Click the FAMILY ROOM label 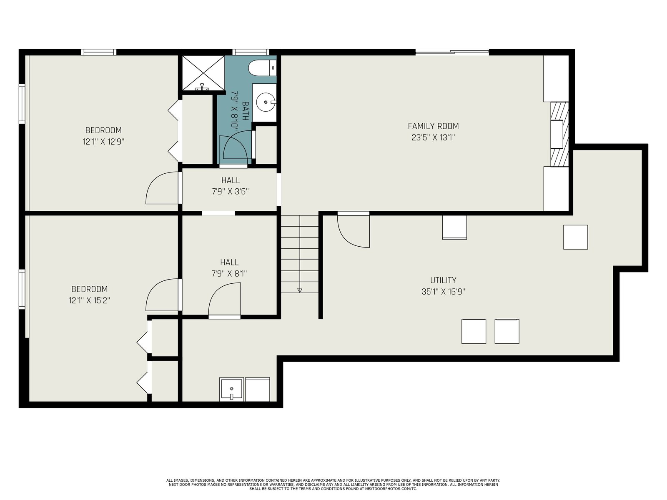pyautogui.click(x=433, y=126)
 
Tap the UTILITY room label pyautogui.click(x=443, y=280)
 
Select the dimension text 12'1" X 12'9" pyautogui.click(x=104, y=142)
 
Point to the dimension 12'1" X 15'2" pyautogui.click(x=89, y=300)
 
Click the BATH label pyautogui.click(x=245, y=111)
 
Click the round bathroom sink pyautogui.click(x=266, y=102)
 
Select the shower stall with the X pyautogui.click(x=203, y=73)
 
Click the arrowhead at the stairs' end pyautogui.click(x=300, y=290)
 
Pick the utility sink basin pyautogui.click(x=231, y=389)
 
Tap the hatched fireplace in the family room pyautogui.click(x=559, y=134)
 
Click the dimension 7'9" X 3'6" pyautogui.click(x=231, y=192)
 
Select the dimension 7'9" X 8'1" pyautogui.click(x=229, y=274)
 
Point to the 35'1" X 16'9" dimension pyautogui.click(x=444, y=292)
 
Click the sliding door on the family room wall pyautogui.click(x=452, y=52)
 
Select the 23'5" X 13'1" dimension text pyautogui.click(x=433, y=138)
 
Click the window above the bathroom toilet pyautogui.click(x=251, y=52)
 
